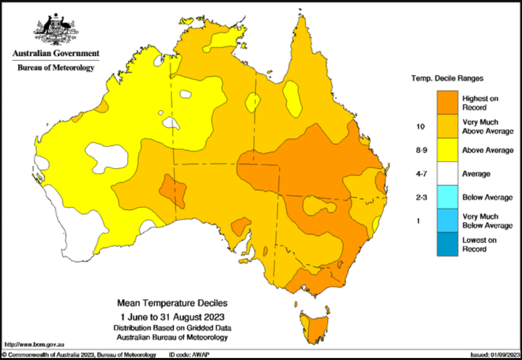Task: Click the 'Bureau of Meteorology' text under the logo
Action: (56, 68)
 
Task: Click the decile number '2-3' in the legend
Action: (421, 197)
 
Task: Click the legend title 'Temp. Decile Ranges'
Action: (447, 79)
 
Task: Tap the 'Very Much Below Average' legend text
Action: (487, 221)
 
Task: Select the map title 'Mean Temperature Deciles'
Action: (172, 304)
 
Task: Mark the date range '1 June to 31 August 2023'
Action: (172, 316)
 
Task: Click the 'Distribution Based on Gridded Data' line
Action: (172, 328)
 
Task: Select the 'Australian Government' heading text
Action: (56, 53)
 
